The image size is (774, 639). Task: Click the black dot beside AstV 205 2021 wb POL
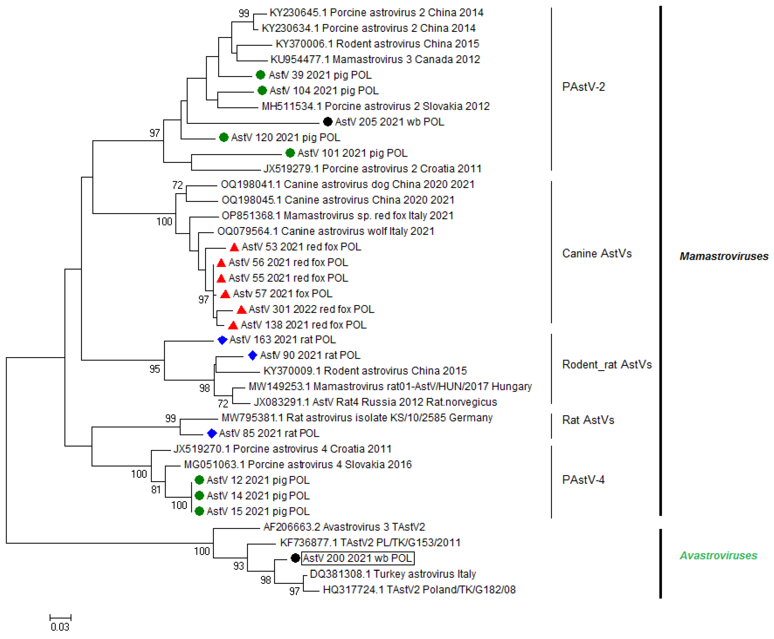pyautogui.click(x=327, y=122)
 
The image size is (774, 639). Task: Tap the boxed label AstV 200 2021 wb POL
pyautogui.click(x=357, y=558)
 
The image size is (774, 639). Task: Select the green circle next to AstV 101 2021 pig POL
pyautogui.click(x=290, y=153)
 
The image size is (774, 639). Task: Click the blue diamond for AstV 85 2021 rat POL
pyautogui.click(x=212, y=433)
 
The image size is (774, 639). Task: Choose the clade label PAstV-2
pyautogui.click(x=583, y=87)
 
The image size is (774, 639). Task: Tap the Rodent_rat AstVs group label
pyautogui.click(x=606, y=364)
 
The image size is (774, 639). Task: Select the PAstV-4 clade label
pyautogui.click(x=583, y=480)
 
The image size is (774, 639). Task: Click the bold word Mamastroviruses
pyautogui.click(x=724, y=256)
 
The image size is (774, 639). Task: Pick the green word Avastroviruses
pyautogui.click(x=718, y=556)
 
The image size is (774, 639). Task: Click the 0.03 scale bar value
pyautogui.click(x=60, y=626)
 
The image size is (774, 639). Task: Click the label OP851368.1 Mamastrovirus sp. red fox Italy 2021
pyautogui.click(x=337, y=215)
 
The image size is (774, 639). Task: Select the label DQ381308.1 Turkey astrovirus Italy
pyautogui.click(x=393, y=574)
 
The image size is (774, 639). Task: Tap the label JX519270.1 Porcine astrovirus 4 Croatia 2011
pyautogui.click(x=282, y=449)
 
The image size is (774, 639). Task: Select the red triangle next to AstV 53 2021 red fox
pyautogui.click(x=234, y=247)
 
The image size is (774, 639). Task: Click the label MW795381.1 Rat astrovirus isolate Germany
pyautogui.click(x=357, y=418)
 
